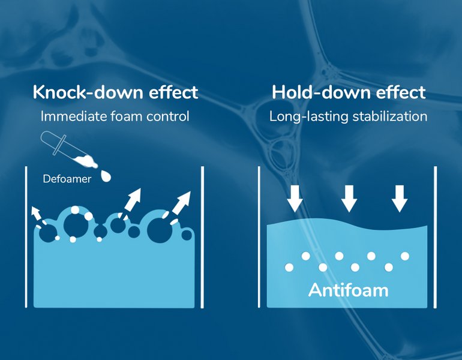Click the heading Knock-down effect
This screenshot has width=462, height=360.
tap(115, 92)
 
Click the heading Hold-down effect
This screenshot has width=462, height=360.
tap(349, 92)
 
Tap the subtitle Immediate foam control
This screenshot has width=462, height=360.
tap(115, 116)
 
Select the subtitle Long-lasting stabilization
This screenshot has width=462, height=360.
tap(348, 116)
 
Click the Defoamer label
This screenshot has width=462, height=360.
tap(67, 179)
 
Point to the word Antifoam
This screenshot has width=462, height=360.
tap(348, 290)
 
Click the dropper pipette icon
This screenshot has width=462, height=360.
tap(69, 150)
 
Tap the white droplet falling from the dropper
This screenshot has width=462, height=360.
tap(106, 176)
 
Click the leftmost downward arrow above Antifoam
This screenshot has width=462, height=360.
tap(295, 199)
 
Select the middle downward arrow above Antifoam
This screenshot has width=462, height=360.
tap(349, 199)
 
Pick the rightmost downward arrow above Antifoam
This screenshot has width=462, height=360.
tap(400, 199)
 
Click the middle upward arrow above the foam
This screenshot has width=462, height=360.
tap(131, 203)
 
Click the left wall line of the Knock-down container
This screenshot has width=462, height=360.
tap(26, 237)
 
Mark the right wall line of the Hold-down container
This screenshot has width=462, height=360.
tap(436, 237)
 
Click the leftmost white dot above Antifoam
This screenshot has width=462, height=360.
tap(289, 268)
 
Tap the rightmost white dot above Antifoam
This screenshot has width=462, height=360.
tap(405, 256)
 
